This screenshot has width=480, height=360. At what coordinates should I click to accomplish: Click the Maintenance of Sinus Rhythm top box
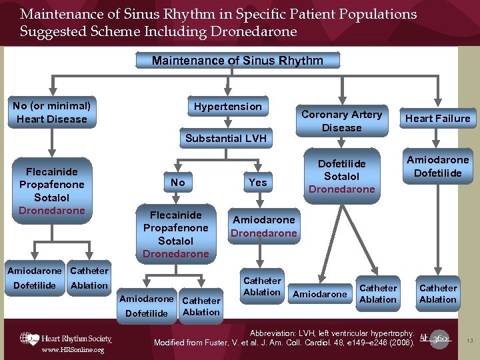[x=237, y=61]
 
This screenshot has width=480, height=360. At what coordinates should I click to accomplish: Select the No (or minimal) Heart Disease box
[x=52, y=112]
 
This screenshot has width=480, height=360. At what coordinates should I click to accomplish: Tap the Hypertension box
[x=227, y=107]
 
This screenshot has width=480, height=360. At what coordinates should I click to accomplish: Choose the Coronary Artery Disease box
[x=341, y=121]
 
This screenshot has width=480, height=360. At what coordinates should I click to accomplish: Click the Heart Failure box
[x=437, y=119]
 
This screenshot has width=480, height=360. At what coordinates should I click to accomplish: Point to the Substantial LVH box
[x=225, y=139]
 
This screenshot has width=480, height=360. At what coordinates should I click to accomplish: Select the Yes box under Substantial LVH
[x=257, y=182]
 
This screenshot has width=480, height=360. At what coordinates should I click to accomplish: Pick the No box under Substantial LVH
[x=177, y=182]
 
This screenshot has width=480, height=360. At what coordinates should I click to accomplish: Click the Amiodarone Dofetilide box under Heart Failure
[x=437, y=166]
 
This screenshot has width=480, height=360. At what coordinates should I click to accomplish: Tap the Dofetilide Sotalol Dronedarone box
[x=341, y=176]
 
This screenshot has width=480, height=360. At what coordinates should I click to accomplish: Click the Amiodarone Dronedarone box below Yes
[x=263, y=226]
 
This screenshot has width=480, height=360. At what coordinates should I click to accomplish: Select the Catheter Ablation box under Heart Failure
[x=437, y=293]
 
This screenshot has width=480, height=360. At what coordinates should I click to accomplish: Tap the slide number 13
[x=469, y=341]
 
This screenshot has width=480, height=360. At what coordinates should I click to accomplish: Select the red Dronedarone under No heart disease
[x=52, y=211]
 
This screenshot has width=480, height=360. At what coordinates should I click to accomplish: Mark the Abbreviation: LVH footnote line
[x=332, y=332]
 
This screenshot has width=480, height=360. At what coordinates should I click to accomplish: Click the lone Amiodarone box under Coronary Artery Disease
[x=319, y=294]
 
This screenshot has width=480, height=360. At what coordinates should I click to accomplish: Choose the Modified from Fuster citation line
[x=285, y=342]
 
